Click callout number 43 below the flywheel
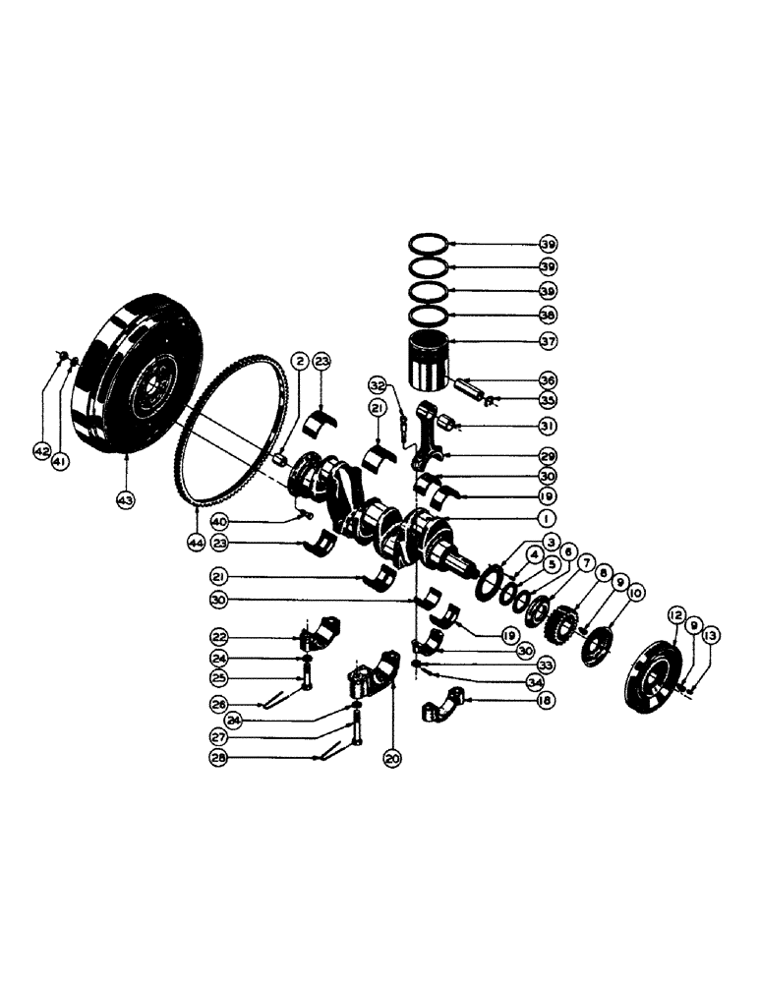(x=128, y=499)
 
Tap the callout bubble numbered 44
(x=199, y=543)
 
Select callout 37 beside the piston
(x=548, y=342)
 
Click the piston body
(x=430, y=363)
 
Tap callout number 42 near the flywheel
(x=41, y=450)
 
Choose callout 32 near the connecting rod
(x=379, y=383)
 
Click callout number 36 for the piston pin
(x=548, y=379)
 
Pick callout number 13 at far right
(x=711, y=635)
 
